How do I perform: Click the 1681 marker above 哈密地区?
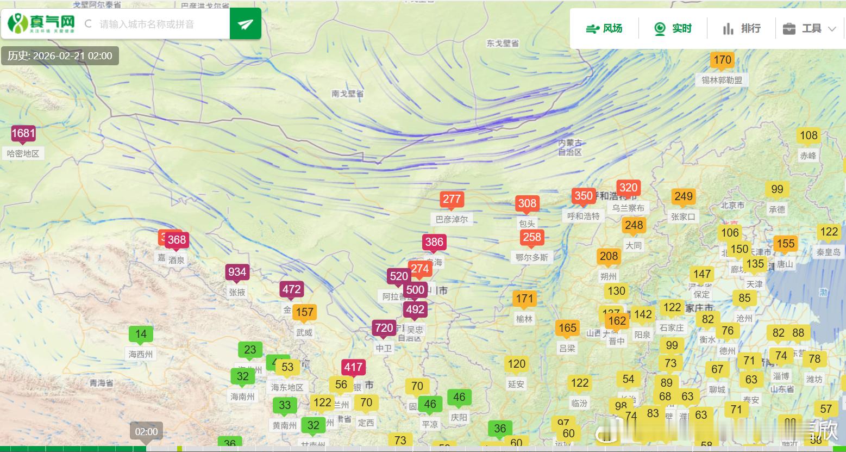pyautogui.click(x=23, y=133)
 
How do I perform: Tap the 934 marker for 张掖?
pyautogui.click(x=237, y=272)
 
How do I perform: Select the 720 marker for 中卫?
pyautogui.click(x=384, y=327)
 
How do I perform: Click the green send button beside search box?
pyautogui.click(x=245, y=24)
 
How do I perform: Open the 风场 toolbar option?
pyautogui.click(x=604, y=28)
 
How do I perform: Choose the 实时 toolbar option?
pyautogui.click(x=673, y=28)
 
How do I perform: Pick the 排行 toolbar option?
pyautogui.click(x=742, y=28)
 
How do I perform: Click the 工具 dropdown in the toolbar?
pyautogui.click(x=809, y=28)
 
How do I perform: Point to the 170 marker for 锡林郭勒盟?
pyautogui.click(x=722, y=60)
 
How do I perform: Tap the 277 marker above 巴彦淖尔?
pyautogui.click(x=452, y=199)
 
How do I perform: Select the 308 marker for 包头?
pyautogui.click(x=527, y=203)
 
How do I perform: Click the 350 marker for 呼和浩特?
pyautogui.click(x=583, y=196)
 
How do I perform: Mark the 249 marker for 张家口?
pyautogui.click(x=683, y=196)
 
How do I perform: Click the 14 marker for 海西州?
pyautogui.click(x=141, y=334)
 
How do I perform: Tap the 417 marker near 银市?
pyautogui.click(x=353, y=367)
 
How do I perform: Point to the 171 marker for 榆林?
pyautogui.click(x=524, y=299)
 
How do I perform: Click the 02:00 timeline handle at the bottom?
pyautogui.click(x=146, y=432)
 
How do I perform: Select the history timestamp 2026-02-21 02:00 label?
pyautogui.click(x=60, y=55)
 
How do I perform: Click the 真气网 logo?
pyautogui.click(x=41, y=23)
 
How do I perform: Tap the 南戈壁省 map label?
pyautogui.click(x=347, y=94)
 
